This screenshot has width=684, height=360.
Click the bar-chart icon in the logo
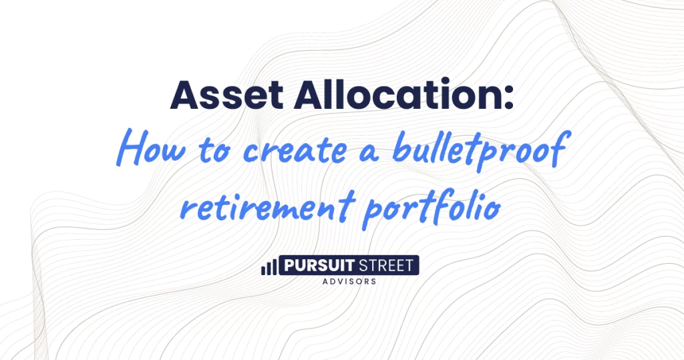pyautogui.click(x=269, y=267)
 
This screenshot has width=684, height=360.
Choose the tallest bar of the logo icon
pyautogui.click(x=274, y=266)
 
